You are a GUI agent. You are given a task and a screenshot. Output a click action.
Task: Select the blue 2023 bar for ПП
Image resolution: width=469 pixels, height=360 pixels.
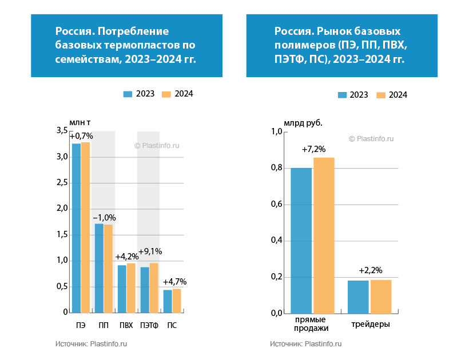99,268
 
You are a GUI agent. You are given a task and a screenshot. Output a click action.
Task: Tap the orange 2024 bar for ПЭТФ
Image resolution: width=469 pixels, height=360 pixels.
154,288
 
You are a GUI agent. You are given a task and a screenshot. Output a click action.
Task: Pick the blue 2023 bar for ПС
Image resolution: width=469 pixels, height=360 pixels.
168,301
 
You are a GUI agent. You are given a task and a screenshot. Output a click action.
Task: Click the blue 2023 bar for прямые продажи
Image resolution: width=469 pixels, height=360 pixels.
301,241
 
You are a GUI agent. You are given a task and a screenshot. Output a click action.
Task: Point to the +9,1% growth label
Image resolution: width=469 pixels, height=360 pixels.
150,251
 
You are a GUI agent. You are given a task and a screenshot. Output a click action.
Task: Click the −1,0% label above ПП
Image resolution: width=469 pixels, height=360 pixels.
104,218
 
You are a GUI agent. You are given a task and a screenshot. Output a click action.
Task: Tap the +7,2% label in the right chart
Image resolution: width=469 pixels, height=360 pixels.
313,149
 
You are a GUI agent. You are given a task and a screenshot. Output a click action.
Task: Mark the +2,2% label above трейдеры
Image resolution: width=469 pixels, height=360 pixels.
371,270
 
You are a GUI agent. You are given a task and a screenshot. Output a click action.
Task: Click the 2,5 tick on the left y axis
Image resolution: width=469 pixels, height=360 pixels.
62,183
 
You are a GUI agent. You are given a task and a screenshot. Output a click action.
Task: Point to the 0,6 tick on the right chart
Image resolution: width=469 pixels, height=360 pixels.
276,204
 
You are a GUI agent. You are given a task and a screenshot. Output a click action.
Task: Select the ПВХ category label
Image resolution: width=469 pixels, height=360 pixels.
126,326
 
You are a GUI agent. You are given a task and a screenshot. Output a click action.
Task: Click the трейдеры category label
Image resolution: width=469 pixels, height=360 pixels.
371,324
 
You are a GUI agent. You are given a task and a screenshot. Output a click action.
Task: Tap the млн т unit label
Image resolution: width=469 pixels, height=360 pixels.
80,122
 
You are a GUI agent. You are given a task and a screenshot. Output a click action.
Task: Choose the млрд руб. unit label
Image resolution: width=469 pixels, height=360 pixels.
303,122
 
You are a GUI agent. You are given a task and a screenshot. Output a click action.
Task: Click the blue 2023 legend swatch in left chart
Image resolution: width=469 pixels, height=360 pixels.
128,94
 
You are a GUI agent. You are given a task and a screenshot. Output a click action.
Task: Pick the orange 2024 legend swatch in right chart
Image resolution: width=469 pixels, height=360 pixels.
381,95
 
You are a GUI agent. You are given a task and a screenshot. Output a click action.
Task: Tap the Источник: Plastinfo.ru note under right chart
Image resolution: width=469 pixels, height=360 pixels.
305,344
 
